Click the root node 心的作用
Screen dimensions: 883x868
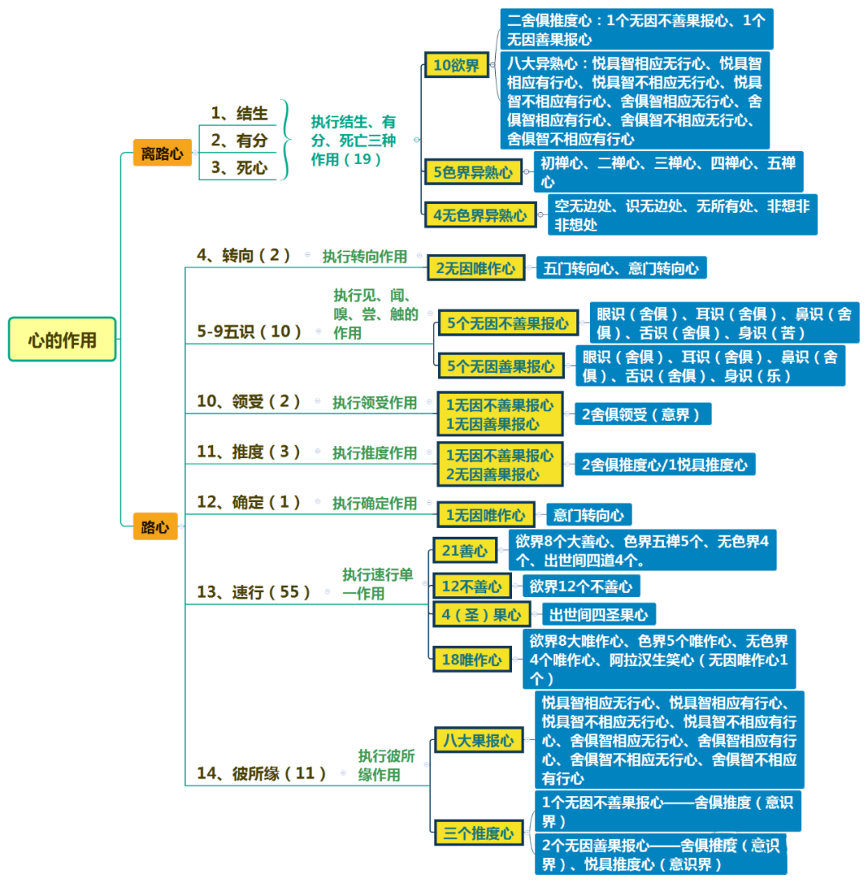click(x=62, y=339)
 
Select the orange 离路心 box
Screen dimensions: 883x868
click(x=162, y=153)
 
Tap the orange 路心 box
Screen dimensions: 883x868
click(x=155, y=527)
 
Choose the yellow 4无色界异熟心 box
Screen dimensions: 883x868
click(x=480, y=215)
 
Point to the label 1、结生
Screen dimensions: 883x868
click(x=239, y=112)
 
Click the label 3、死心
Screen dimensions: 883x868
click(x=239, y=168)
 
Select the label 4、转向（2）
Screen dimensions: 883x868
click(x=243, y=255)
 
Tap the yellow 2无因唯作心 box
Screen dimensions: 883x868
click(x=476, y=268)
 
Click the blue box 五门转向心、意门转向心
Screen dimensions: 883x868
click(x=621, y=268)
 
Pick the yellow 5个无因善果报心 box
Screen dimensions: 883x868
click(x=501, y=366)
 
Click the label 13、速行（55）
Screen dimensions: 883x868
click(x=253, y=592)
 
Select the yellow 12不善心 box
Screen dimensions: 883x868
click(x=471, y=587)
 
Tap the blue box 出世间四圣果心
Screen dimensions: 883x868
click(x=599, y=615)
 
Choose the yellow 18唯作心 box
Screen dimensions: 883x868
click(x=471, y=660)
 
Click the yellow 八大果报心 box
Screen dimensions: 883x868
click(x=478, y=741)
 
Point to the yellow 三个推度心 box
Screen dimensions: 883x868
click(x=478, y=833)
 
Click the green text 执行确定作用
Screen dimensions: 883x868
click(x=375, y=503)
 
